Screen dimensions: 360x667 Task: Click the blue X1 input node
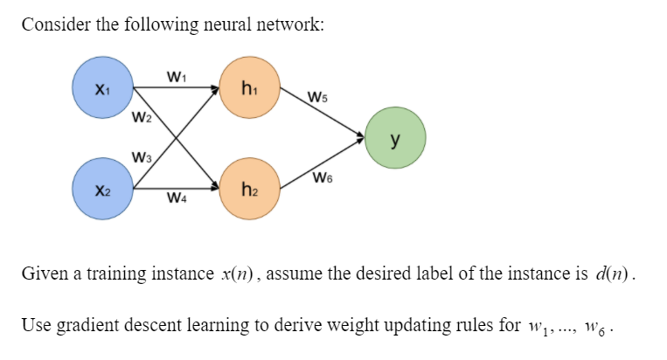[101, 88]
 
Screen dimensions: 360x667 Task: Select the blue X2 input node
[101, 187]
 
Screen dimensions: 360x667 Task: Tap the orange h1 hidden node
[250, 87]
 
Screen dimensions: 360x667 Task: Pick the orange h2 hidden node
[250, 187]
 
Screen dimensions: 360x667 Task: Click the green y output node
[396, 137]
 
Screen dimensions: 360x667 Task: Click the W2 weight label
[140, 117]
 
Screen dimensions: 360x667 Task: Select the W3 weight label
[140, 157]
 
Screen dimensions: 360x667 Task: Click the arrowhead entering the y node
[361, 136]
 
